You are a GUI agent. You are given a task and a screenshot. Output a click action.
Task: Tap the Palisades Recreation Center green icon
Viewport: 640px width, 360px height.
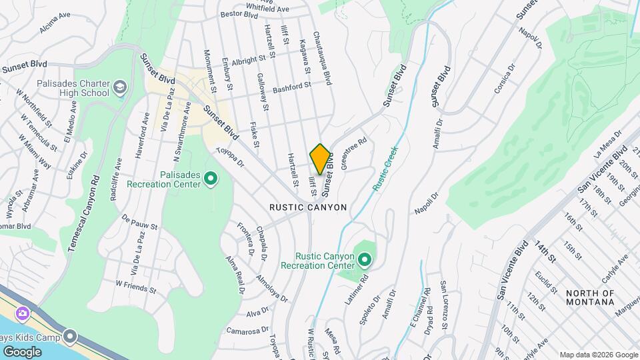[211, 178]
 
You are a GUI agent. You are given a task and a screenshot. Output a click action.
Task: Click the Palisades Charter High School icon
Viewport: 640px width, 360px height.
[119, 87]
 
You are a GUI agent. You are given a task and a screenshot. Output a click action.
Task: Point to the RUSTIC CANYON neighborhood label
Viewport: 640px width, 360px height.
[308, 207]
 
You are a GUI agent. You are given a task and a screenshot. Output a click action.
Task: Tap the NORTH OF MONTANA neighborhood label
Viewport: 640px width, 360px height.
[590, 297]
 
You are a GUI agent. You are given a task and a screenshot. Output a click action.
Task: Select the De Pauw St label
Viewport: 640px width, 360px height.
[139, 222]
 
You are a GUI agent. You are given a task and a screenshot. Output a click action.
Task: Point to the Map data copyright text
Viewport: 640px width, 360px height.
[598, 355]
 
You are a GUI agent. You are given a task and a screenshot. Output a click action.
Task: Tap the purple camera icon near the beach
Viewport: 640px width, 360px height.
[23, 313]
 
